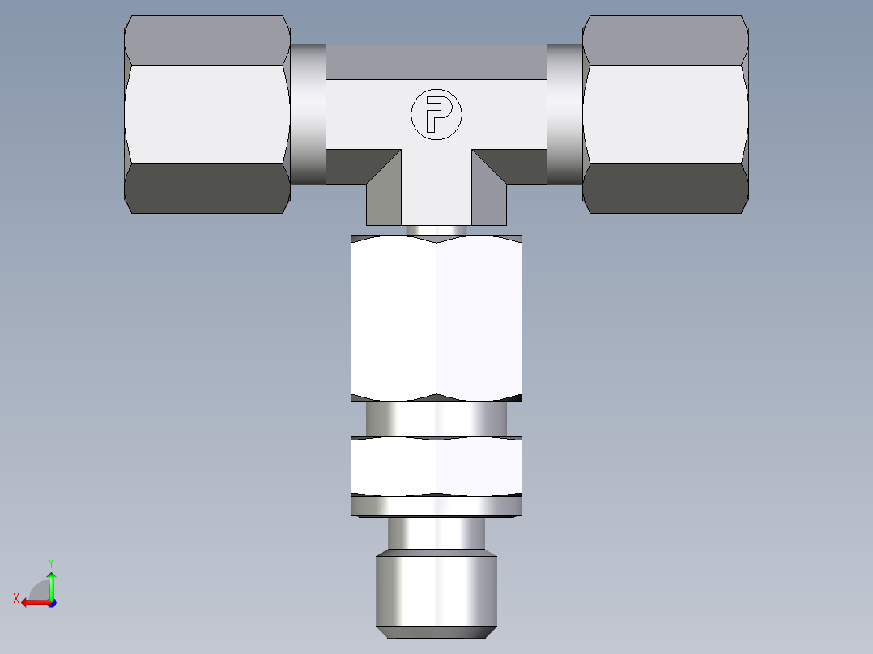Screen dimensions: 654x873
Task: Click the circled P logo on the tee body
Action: [x=436, y=113]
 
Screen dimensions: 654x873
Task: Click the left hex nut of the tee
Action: [x=207, y=114]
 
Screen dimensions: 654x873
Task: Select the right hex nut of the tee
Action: [x=665, y=114]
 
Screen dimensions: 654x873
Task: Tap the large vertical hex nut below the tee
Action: [x=436, y=318]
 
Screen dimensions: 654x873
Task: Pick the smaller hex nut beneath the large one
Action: [x=436, y=465]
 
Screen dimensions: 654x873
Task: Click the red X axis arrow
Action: [x=32, y=602]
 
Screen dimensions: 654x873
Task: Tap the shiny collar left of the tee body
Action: [x=308, y=114]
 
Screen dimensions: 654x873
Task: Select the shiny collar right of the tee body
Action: [x=564, y=114]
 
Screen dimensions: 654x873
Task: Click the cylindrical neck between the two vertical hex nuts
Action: [x=436, y=419]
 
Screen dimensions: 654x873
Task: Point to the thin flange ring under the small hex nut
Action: [x=436, y=507]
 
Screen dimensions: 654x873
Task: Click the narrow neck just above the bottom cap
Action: [x=436, y=534]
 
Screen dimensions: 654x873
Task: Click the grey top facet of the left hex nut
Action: [x=207, y=40]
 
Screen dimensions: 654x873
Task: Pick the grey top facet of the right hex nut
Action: [x=665, y=40]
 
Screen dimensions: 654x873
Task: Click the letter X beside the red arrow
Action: [x=16, y=598]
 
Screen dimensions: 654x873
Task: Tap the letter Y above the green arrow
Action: [x=50, y=561]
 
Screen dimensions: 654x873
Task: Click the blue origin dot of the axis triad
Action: [x=51, y=602]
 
